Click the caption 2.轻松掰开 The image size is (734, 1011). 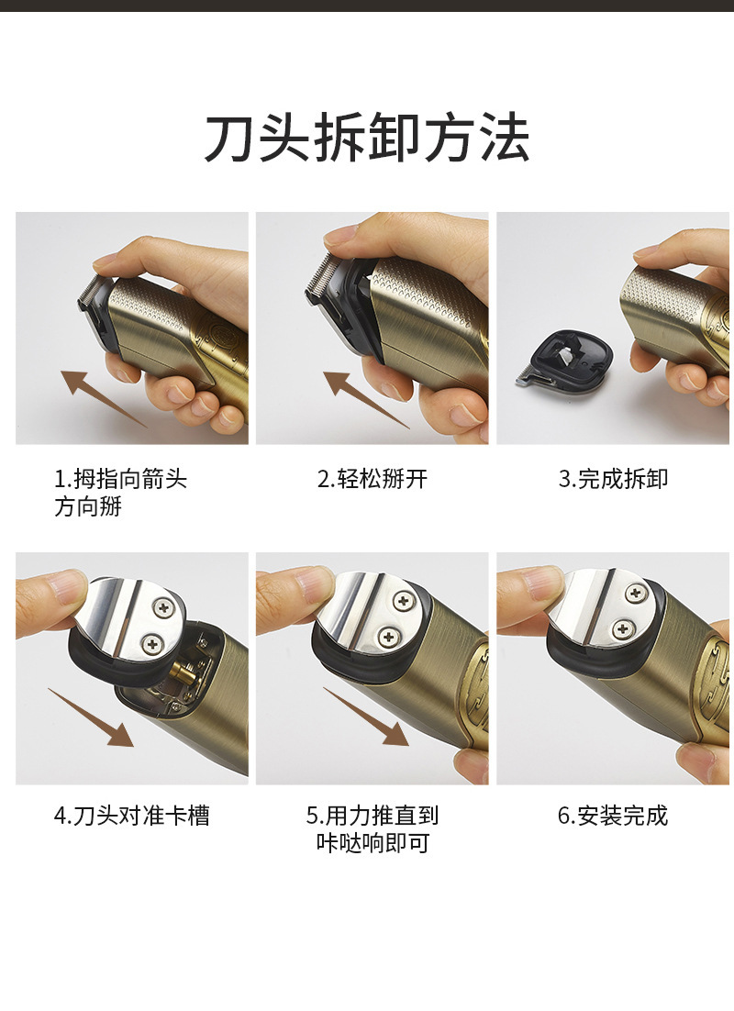pos(373,479)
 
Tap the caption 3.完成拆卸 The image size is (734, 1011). pos(613,479)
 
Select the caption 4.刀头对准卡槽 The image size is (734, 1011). pos(132,815)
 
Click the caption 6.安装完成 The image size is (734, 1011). pos(613,815)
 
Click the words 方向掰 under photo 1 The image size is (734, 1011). pos(88,507)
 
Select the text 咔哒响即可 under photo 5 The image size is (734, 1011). pos(372,843)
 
